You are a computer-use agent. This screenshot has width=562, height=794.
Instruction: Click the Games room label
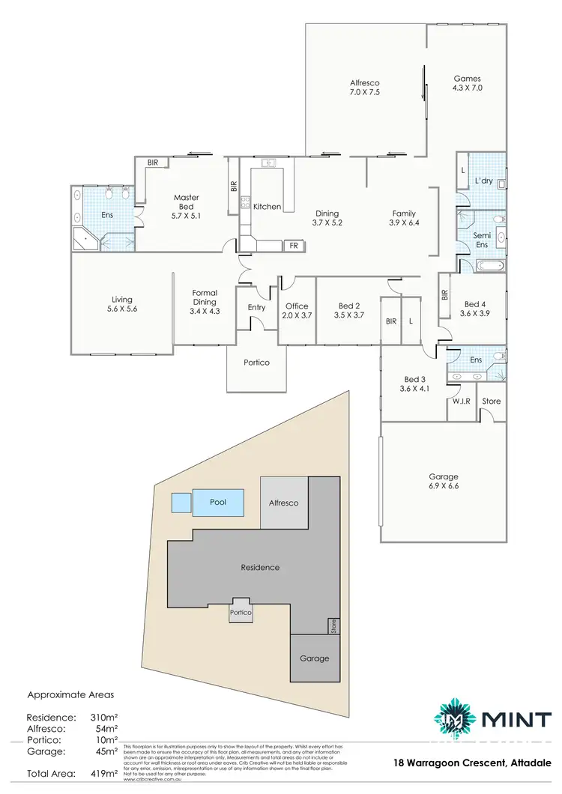tap(467, 83)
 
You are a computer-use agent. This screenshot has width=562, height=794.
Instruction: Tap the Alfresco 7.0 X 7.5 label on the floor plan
tap(365, 88)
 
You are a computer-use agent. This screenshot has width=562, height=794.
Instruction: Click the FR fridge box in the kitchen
tap(293, 245)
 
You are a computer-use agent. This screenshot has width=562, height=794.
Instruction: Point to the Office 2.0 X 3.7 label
tap(297, 310)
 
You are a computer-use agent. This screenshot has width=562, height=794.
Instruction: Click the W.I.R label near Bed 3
tap(461, 401)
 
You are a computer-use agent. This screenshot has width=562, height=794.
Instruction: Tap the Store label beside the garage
tap(491, 401)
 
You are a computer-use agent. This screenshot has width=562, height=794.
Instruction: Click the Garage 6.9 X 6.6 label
tap(443, 481)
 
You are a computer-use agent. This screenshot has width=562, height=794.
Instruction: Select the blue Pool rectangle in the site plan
tap(219, 502)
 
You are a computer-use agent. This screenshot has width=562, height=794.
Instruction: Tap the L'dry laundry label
tap(483, 182)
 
